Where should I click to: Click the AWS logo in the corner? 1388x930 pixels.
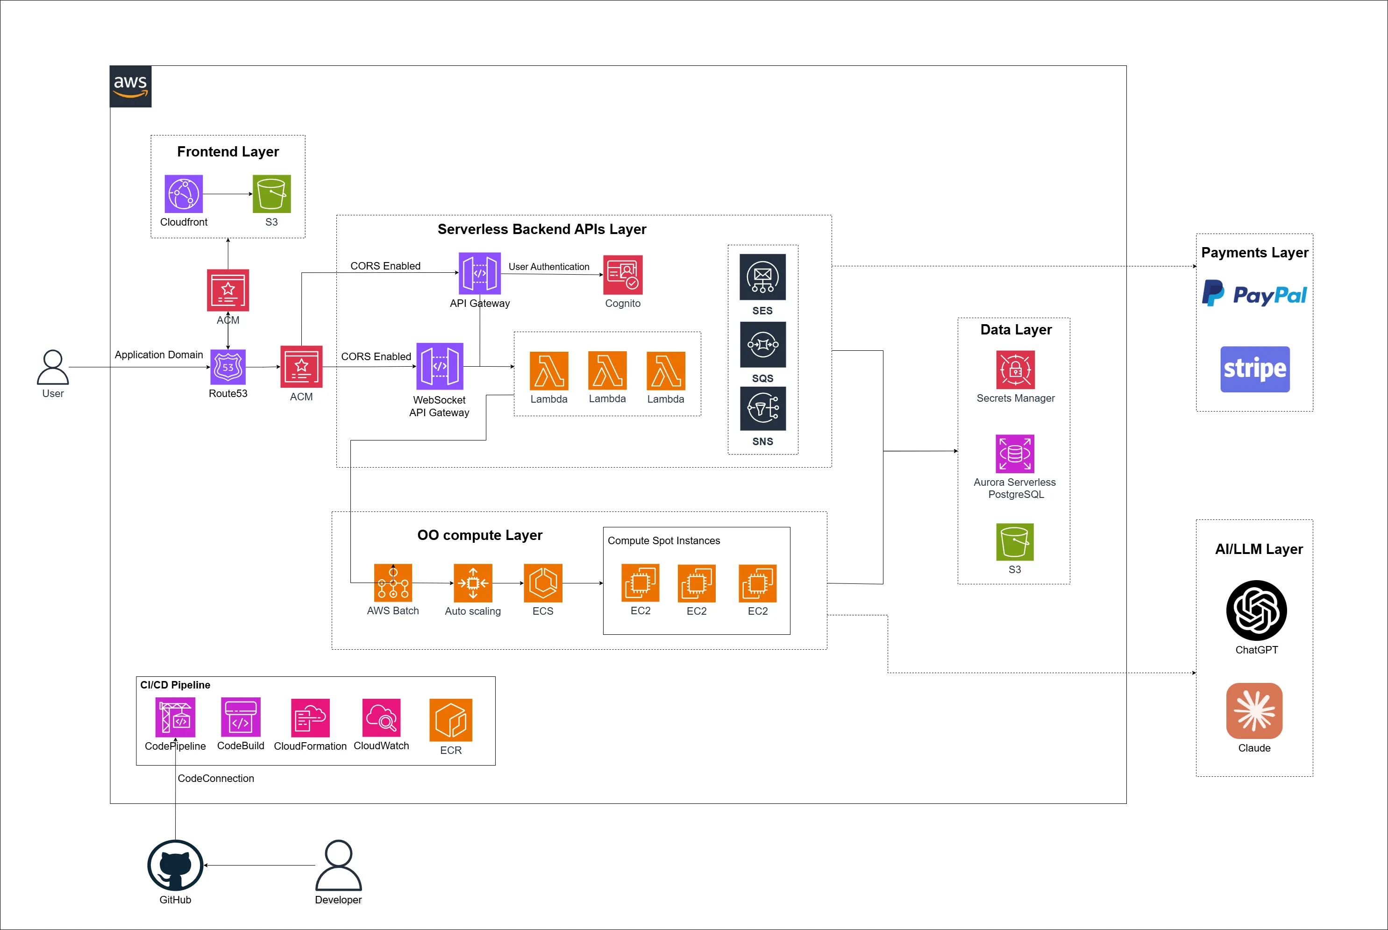coord(130,86)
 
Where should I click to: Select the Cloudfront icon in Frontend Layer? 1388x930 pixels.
coord(184,194)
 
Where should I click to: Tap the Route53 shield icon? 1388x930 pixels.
coord(228,367)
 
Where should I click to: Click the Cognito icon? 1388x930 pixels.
coord(623,275)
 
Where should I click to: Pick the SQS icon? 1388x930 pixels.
coord(763,345)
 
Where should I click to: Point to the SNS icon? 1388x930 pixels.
coord(763,409)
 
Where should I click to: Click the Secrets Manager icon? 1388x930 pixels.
coord(1016,370)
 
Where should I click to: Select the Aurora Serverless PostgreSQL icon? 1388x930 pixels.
coord(1015,454)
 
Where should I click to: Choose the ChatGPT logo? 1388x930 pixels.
coord(1256,611)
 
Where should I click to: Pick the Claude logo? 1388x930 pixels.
coord(1254,710)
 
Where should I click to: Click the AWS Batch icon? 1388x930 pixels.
coord(393,583)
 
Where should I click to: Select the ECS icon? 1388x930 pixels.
coord(543,583)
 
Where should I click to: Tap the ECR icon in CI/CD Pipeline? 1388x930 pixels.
coord(451,720)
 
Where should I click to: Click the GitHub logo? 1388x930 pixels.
coord(175,866)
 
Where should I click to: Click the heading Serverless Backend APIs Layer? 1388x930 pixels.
coord(541,229)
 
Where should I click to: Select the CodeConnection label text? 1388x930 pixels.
coord(216,779)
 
